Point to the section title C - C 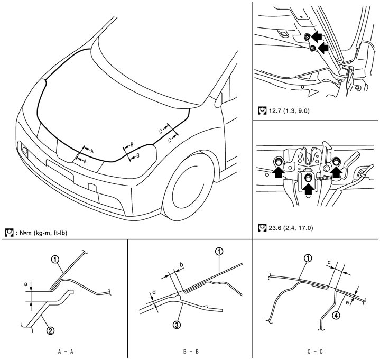(317, 350)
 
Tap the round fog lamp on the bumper (24, 152)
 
